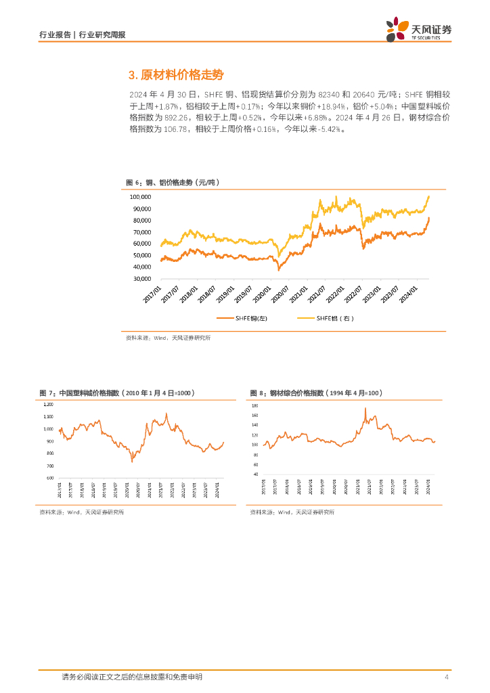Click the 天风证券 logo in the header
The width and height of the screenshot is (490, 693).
(x=418, y=29)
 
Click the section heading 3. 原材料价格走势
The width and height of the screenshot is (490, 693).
(x=175, y=74)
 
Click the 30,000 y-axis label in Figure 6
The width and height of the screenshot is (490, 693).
(x=141, y=278)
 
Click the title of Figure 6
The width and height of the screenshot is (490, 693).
(x=173, y=183)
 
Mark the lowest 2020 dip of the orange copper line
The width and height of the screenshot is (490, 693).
(x=279, y=269)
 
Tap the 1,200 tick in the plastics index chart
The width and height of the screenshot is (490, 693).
(x=48, y=404)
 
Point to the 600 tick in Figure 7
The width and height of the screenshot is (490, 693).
(x=49, y=478)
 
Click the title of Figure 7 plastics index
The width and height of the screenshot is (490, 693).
(x=116, y=393)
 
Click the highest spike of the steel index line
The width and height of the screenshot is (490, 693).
(x=365, y=408)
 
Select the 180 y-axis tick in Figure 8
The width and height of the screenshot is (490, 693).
(x=255, y=404)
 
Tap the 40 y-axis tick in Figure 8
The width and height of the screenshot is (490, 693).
(x=256, y=474)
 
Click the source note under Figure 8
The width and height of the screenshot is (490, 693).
(x=292, y=512)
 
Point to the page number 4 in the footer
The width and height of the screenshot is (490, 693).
(x=447, y=677)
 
